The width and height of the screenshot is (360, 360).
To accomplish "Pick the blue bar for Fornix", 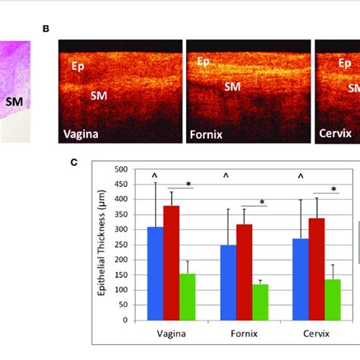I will point(228,282).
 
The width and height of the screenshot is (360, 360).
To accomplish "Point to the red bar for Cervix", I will point(317,269).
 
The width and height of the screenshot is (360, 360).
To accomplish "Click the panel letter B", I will point(46,29).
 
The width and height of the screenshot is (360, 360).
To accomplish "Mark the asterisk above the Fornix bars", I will point(262,202).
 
